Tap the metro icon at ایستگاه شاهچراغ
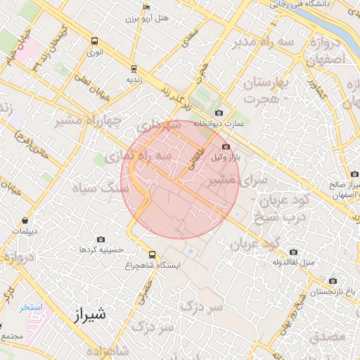[x=152, y=255]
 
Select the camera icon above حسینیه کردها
[x=101, y=239]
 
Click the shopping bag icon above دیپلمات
[x=25, y=220]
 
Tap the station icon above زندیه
[x=134, y=69]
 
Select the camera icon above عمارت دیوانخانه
[x=219, y=113]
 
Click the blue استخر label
[x=31, y=307]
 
